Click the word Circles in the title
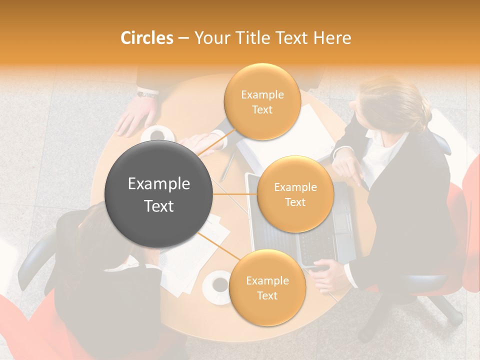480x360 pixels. click(146, 38)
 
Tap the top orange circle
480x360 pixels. click(262, 102)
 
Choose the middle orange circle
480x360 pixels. click(295, 194)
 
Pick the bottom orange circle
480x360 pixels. click(267, 287)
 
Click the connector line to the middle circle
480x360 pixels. click(235, 194)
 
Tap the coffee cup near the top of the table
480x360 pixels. click(158, 134)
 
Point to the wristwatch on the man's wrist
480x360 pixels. click(147, 93)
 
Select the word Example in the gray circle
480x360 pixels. click(159, 184)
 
